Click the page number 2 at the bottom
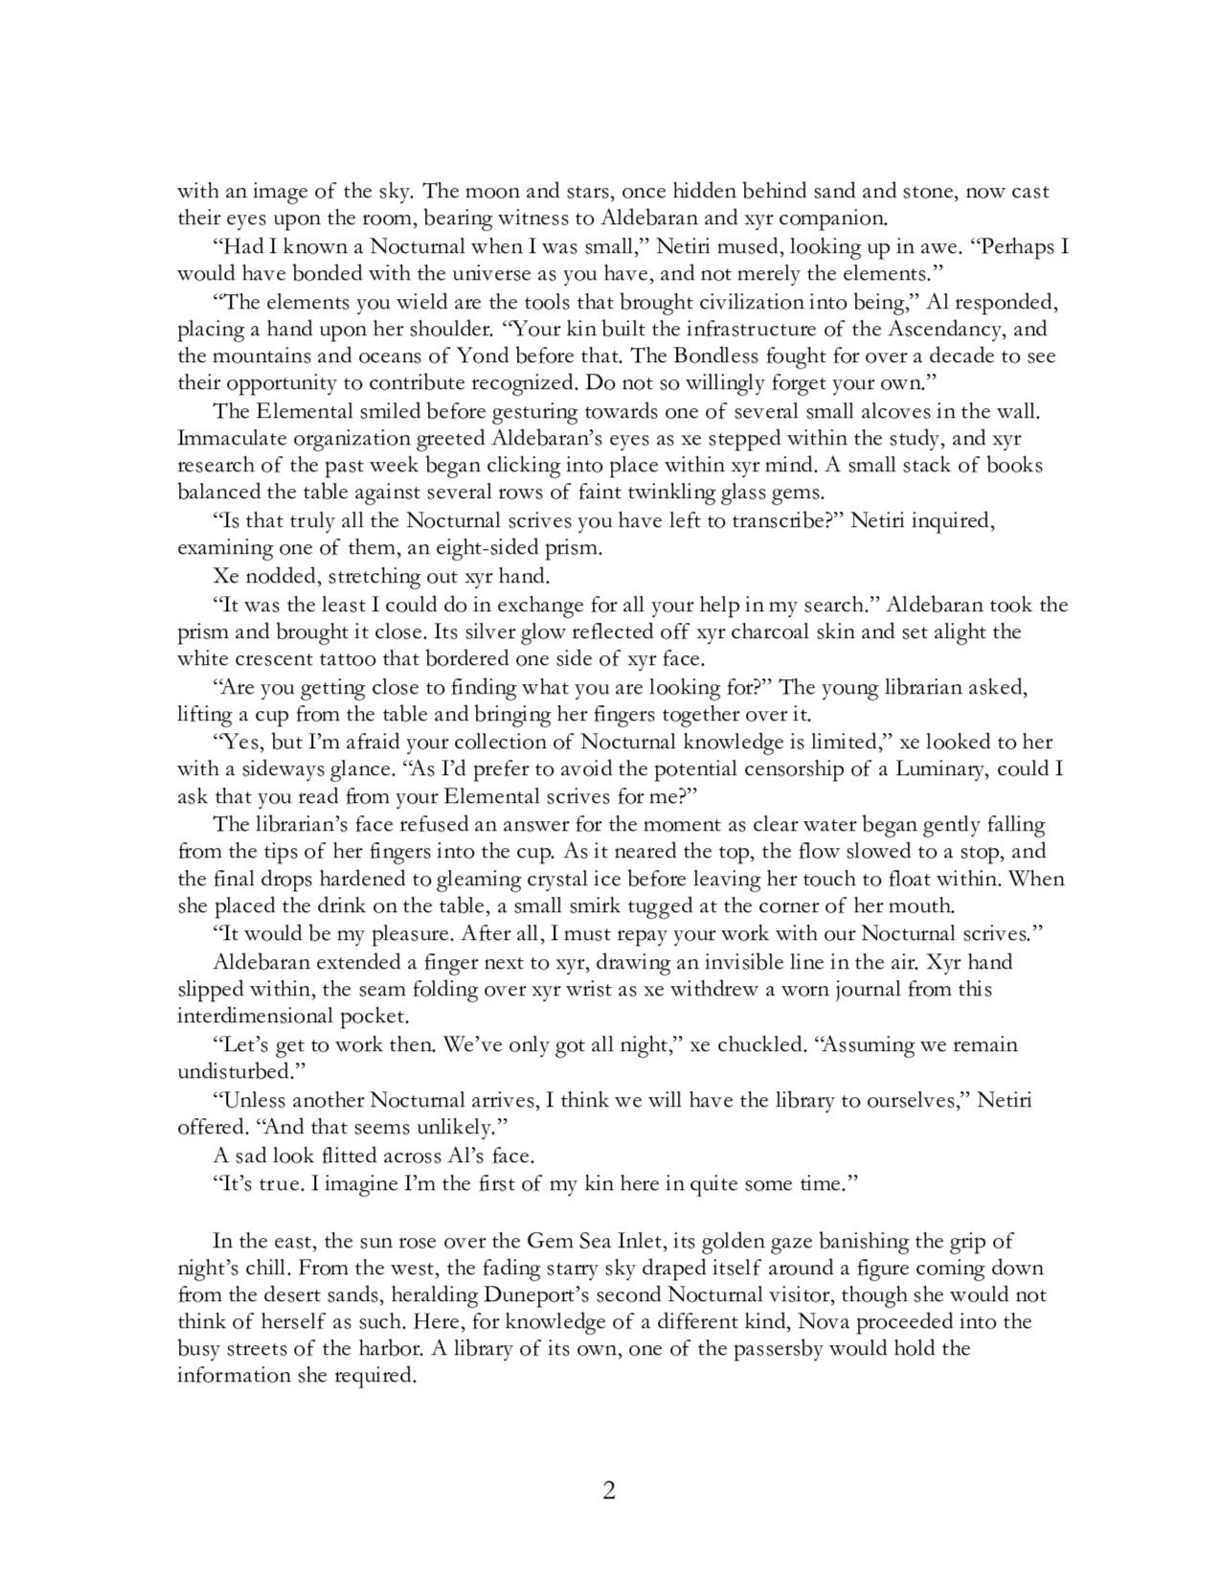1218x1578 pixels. (x=608, y=1491)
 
